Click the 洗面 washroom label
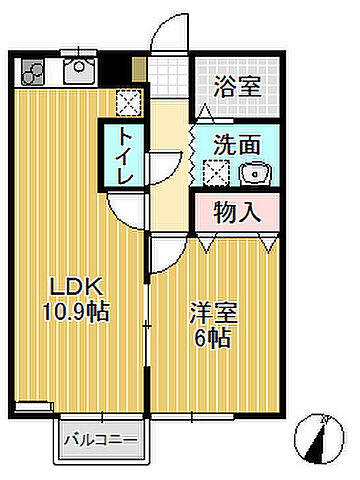[238, 143]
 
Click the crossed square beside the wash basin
[215, 172]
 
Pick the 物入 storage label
[238, 211]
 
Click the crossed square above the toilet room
[127, 102]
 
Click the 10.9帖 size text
[73, 311]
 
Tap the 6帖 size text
[213, 338]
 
